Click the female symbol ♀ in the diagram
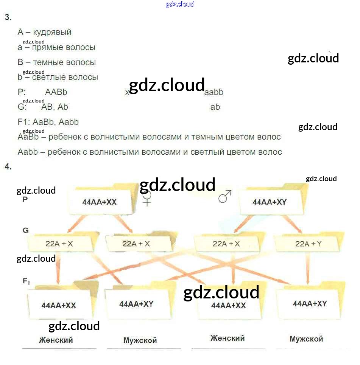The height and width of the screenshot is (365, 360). click(146, 198)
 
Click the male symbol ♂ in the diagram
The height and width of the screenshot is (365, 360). click(225, 197)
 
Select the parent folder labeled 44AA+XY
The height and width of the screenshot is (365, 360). click(270, 202)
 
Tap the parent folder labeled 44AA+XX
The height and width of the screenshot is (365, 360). click(99, 202)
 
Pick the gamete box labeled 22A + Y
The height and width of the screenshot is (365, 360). click(308, 244)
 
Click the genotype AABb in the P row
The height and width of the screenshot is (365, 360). click(56, 92)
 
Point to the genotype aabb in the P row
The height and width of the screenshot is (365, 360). click(214, 92)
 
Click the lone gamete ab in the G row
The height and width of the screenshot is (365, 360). click(215, 107)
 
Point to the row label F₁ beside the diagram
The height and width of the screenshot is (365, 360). click(26, 281)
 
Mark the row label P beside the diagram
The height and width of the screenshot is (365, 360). click(25, 199)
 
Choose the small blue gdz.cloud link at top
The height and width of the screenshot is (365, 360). click(180, 5)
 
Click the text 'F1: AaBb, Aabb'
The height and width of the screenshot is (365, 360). click(48, 122)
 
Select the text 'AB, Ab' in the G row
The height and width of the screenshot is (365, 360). click(55, 107)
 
